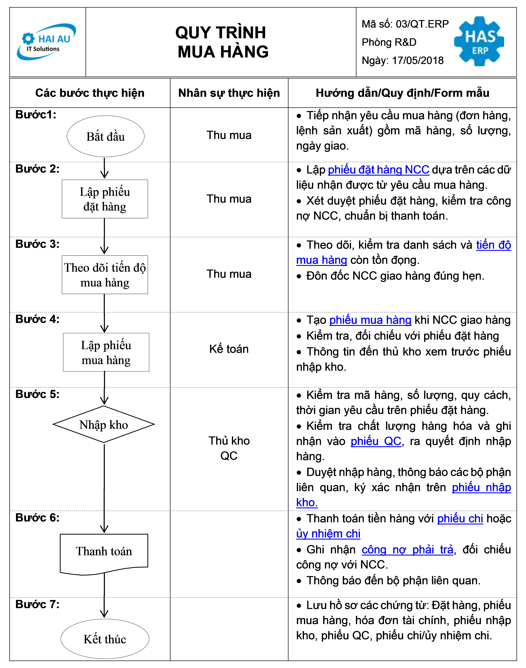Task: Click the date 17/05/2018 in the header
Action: (418, 61)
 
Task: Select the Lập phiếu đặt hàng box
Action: (105, 199)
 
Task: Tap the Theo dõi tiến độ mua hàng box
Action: (105, 275)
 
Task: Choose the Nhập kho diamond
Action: (104, 424)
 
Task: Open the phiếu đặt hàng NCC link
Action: (379, 170)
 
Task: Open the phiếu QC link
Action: (376, 441)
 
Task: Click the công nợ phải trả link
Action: (407, 550)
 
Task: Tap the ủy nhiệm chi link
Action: (328, 534)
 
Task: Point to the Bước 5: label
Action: (37, 394)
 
